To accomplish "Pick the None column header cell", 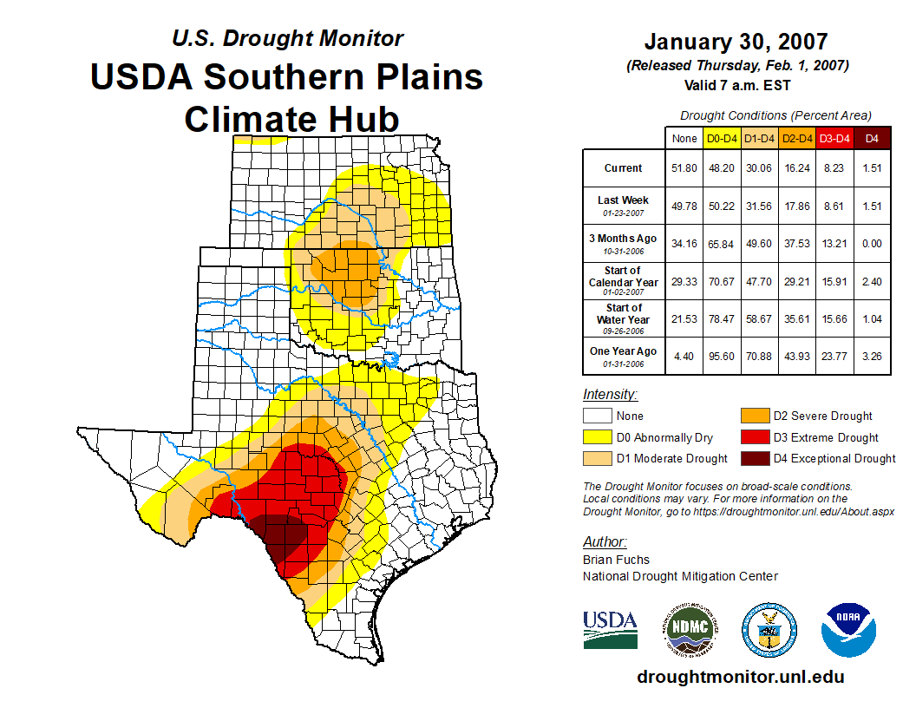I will (684, 137).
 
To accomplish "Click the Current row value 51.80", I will (684, 168).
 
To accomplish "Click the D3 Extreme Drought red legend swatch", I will (751, 437).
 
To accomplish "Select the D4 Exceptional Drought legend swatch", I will (751, 458).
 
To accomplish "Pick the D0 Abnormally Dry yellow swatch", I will (598, 437).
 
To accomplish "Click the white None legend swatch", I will (598, 416).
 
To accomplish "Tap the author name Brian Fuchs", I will (616, 560).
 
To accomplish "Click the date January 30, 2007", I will (736, 42).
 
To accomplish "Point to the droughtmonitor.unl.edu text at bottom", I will (740, 677).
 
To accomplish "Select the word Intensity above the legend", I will (611, 395).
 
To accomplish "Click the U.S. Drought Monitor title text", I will (287, 38).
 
